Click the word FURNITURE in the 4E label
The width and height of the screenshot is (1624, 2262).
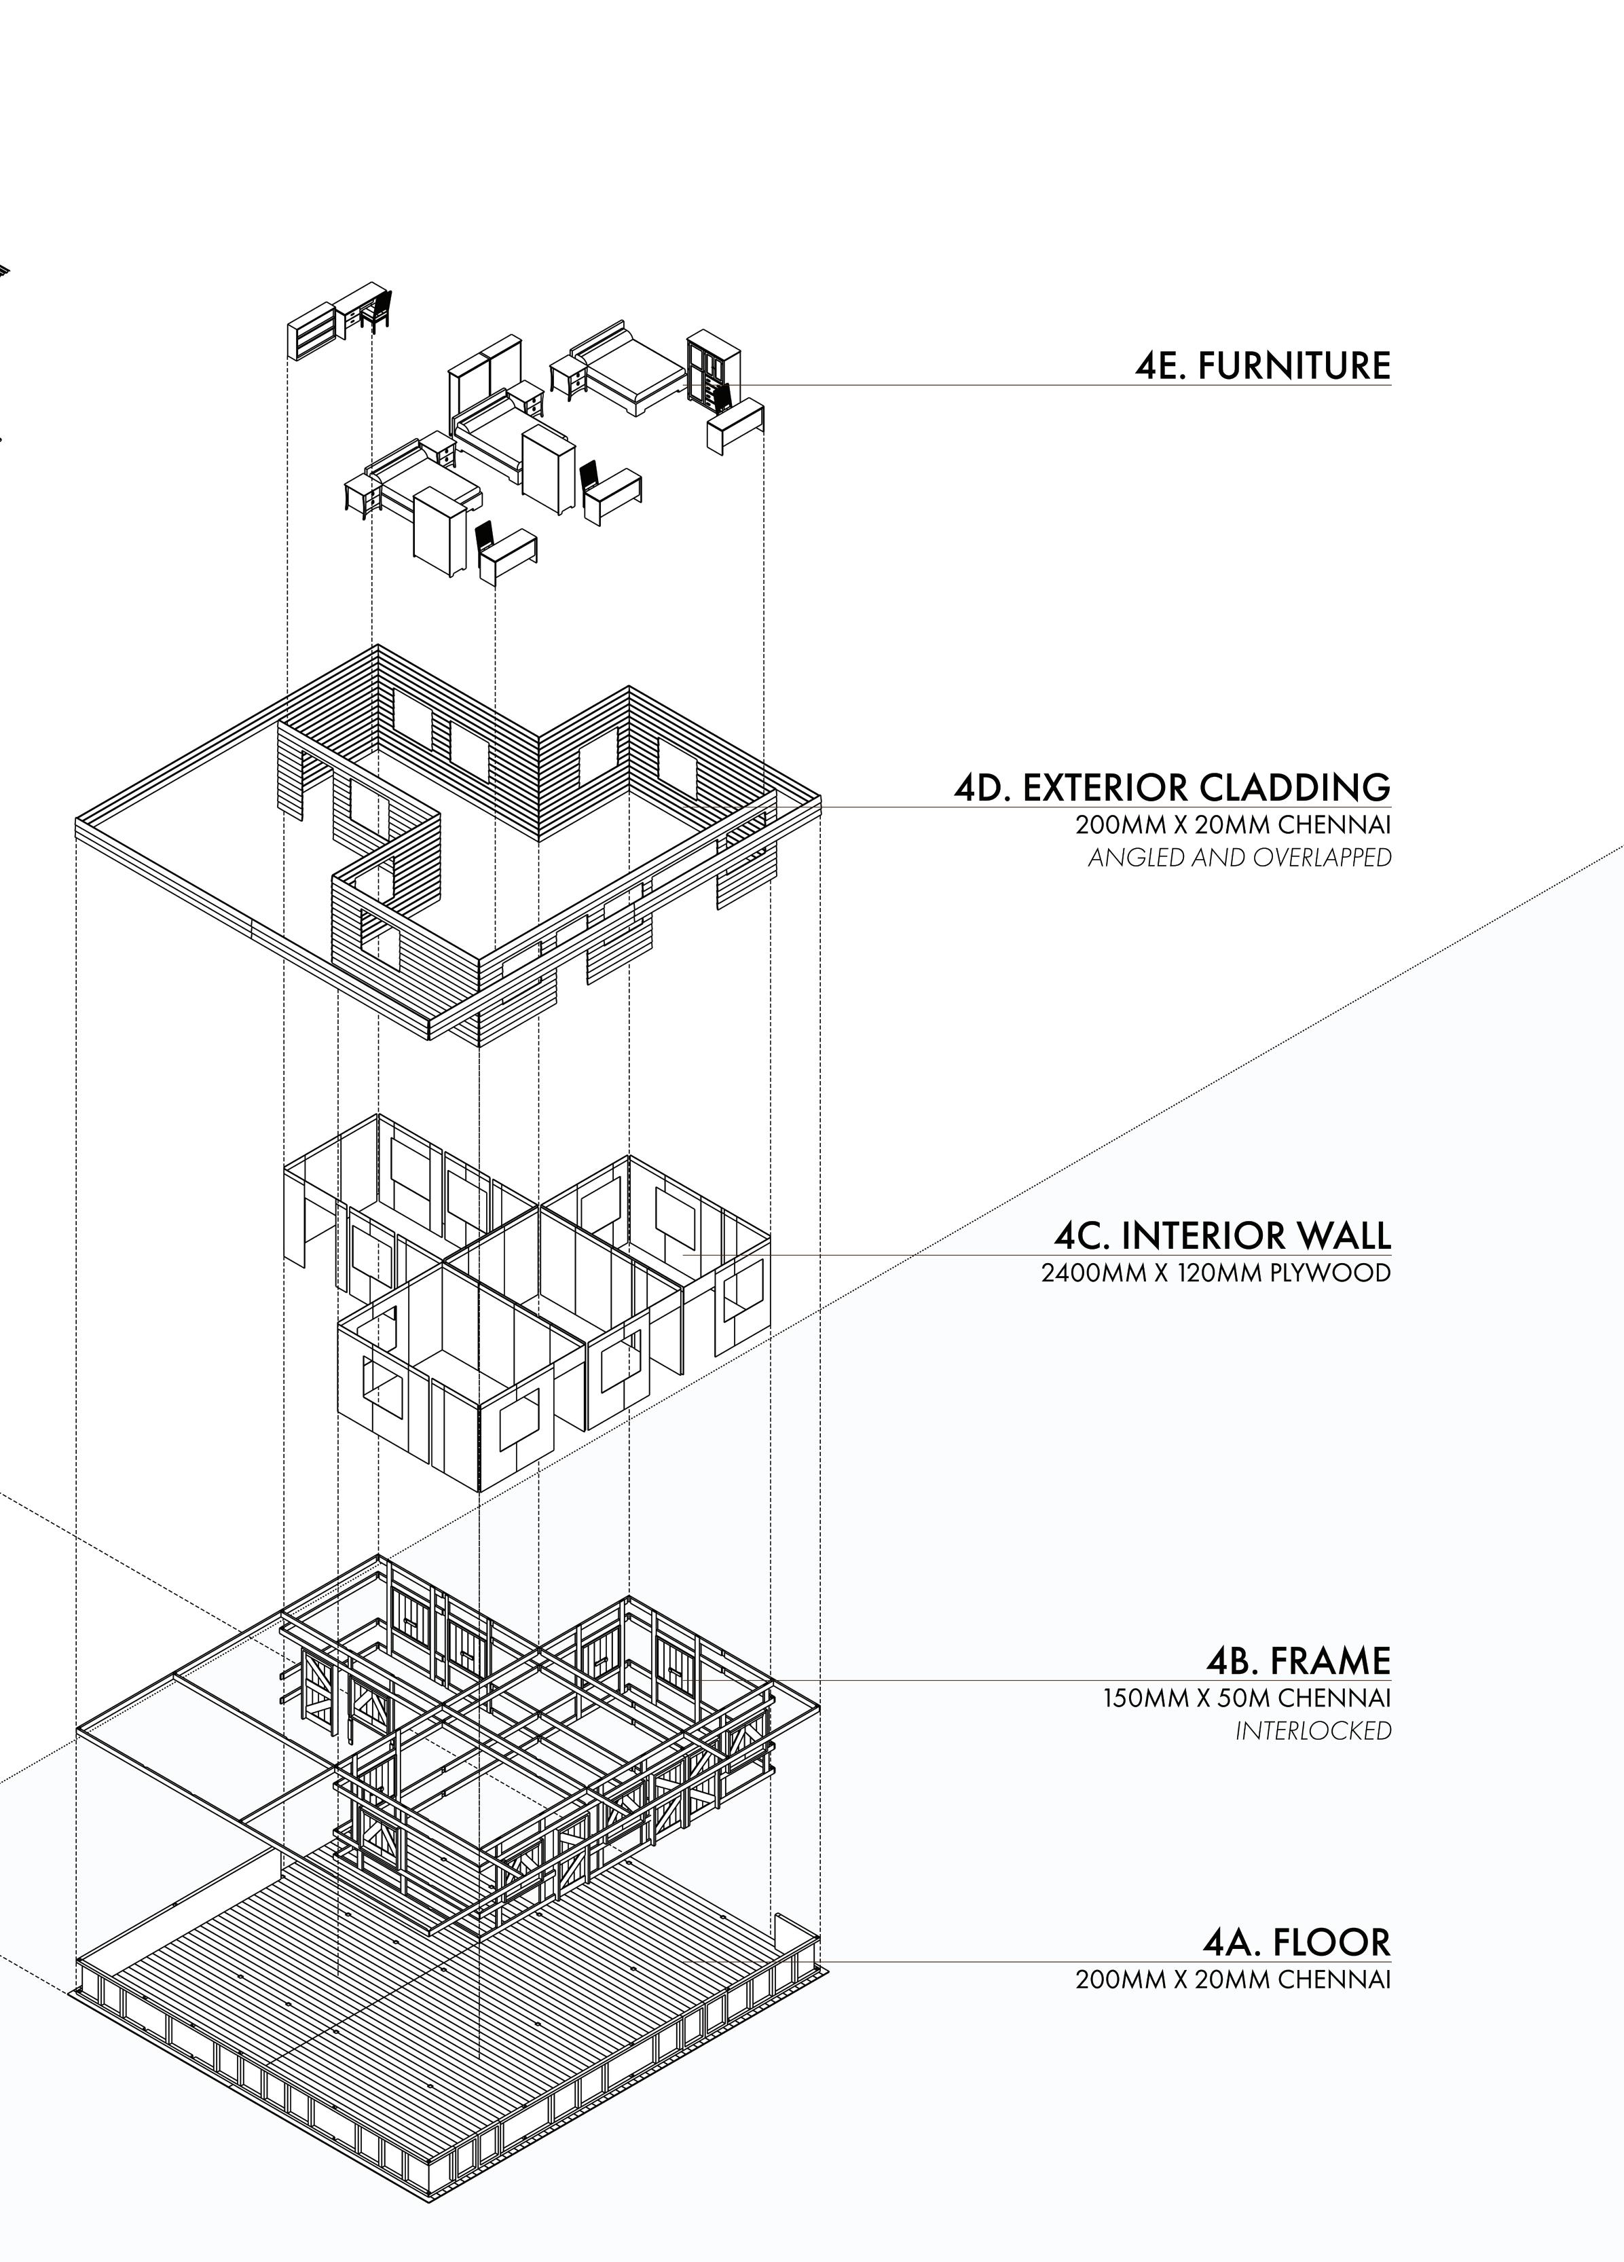(x=1294, y=366)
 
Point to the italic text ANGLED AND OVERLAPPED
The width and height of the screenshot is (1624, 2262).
(x=1239, y=858)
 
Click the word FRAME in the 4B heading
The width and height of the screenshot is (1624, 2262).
(x=1330, y=1660)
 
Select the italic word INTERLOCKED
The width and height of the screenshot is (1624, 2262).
(x=1313, y=1732)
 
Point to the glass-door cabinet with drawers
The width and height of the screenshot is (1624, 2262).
(x=712, y=367)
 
